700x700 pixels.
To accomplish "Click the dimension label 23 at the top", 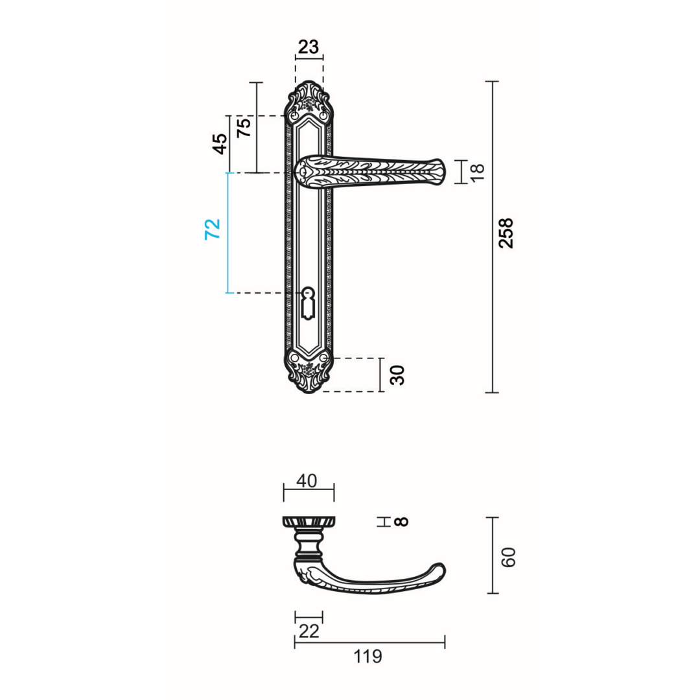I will click(309, 47).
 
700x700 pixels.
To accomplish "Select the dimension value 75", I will click(244, 128).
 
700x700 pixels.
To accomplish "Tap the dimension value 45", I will click(221, 143).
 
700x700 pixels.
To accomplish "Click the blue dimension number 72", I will click(213, 229).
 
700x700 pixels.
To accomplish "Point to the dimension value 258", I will click(506, 233).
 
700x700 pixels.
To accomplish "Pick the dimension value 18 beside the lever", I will click(477, 172).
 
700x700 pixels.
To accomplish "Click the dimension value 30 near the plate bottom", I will click(398, 375).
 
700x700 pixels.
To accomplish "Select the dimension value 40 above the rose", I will click(307, 481).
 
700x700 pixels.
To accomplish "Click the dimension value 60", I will click(509, 557).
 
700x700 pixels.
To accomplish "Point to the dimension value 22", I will click(309, 631).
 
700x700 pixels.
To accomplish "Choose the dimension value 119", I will click(368, 657).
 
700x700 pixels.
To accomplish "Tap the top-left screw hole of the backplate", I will click(295, 115).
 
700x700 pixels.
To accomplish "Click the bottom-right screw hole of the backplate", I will click(323, 357).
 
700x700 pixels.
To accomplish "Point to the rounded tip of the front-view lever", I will click(439, 172).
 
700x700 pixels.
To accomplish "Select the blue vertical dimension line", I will click(227, 233).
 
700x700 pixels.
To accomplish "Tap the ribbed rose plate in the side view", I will click(309, 521).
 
